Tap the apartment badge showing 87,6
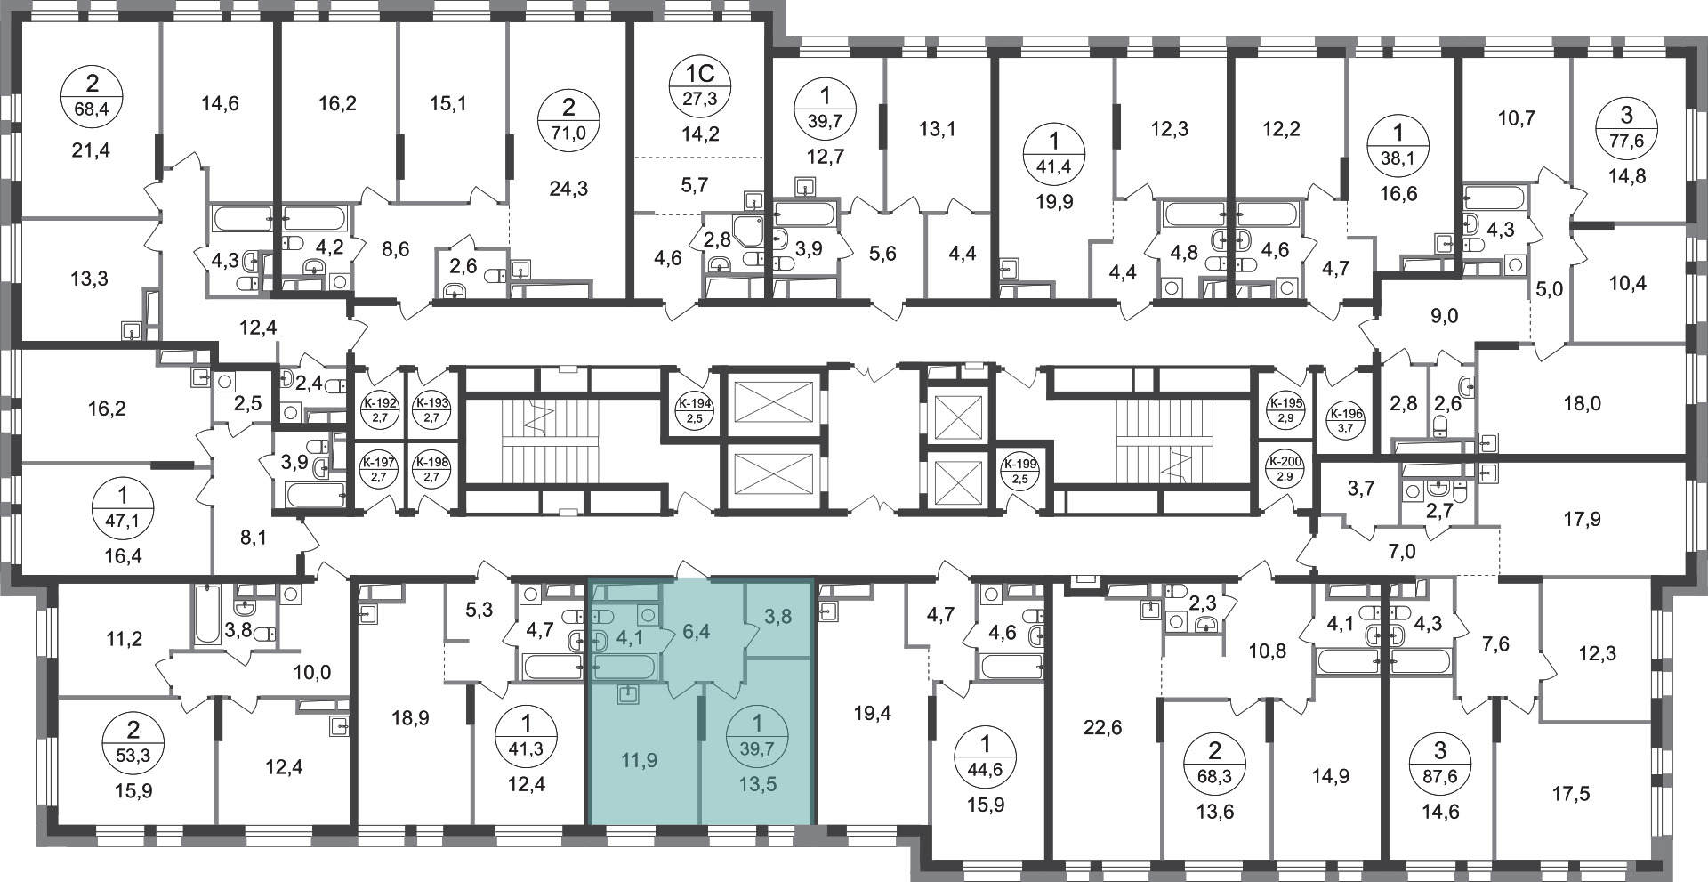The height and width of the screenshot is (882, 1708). click(1440, 760)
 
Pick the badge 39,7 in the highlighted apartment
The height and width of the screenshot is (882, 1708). click(757, 735)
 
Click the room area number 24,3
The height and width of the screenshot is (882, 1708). click(568, 189)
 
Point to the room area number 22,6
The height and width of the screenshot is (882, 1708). click(1103, 728)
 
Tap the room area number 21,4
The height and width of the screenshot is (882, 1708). click(93, 150)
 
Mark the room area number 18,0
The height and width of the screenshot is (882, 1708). click(1582, 403)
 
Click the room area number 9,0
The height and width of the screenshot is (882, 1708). click(1445, 316)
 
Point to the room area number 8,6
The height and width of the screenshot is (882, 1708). click(396, 250)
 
